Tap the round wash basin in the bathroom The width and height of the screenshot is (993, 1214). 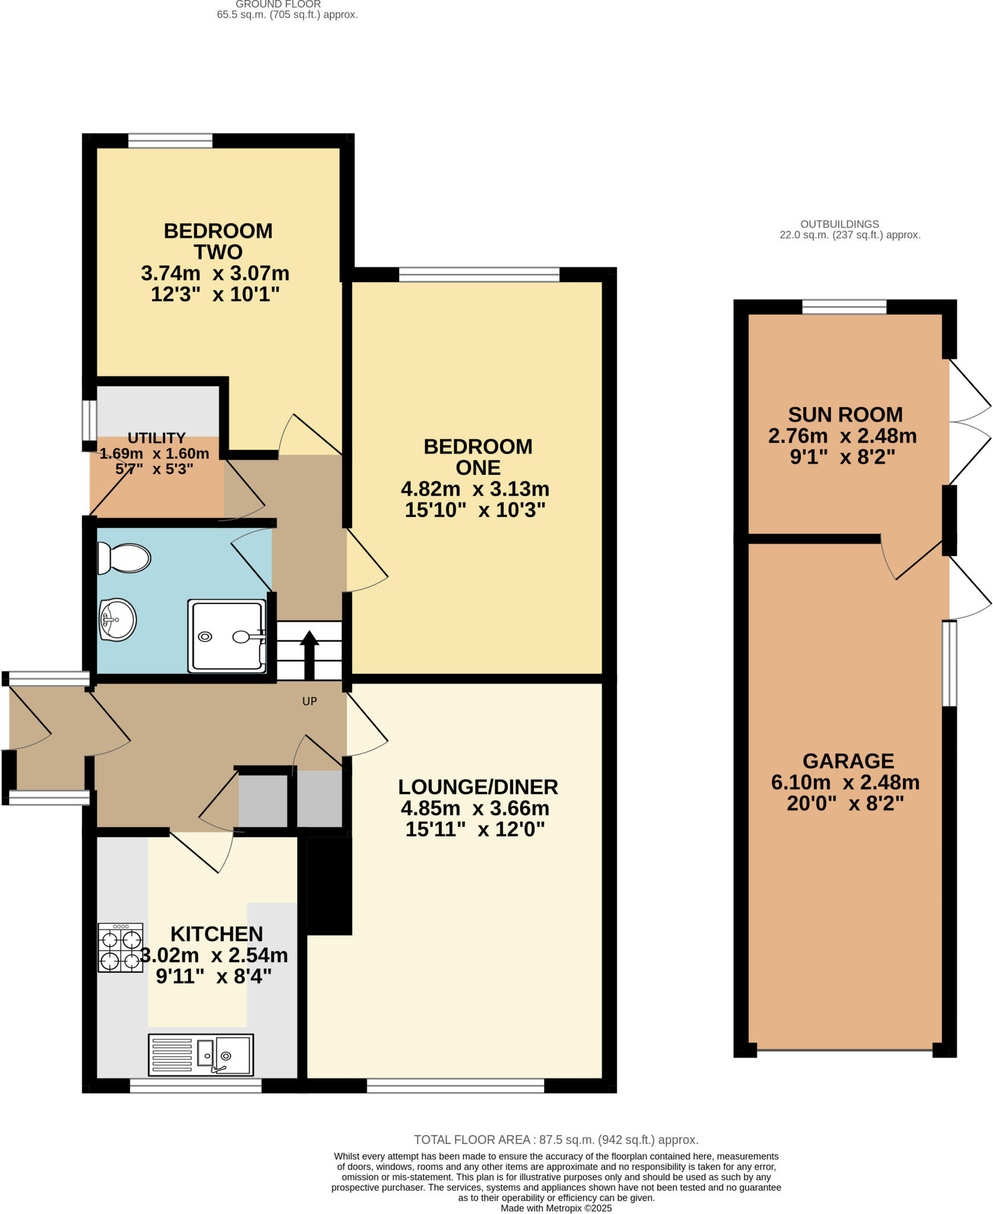[x=117, y=620]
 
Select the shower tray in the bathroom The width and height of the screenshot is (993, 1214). [x=227, y=636]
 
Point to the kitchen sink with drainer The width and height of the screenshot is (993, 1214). [x=201, y=1055]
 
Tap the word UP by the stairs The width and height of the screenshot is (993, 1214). [x=310, y=701]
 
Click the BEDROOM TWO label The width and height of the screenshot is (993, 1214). [x=218, y=241]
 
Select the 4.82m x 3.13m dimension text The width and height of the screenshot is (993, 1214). [x=475, y=489]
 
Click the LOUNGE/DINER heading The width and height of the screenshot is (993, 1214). [x=478, y=787]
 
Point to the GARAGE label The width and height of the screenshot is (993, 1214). [x=848, y=761]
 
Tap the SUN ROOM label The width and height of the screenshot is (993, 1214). [x=845, y=414]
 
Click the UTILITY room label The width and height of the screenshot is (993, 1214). [x=157, y=438]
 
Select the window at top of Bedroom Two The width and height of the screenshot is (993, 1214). [x=170, y=140]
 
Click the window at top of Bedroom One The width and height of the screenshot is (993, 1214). [x=479, y=274]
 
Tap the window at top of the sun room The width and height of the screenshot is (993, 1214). [x=844, y=306]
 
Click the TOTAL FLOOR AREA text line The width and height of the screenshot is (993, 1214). [x=556, y=1139]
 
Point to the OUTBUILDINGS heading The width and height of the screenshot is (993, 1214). [x=839, y=224]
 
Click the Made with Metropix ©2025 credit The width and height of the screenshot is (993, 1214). [x=556, y=1208]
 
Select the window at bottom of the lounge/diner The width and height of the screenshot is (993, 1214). [x=455, y=1085]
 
